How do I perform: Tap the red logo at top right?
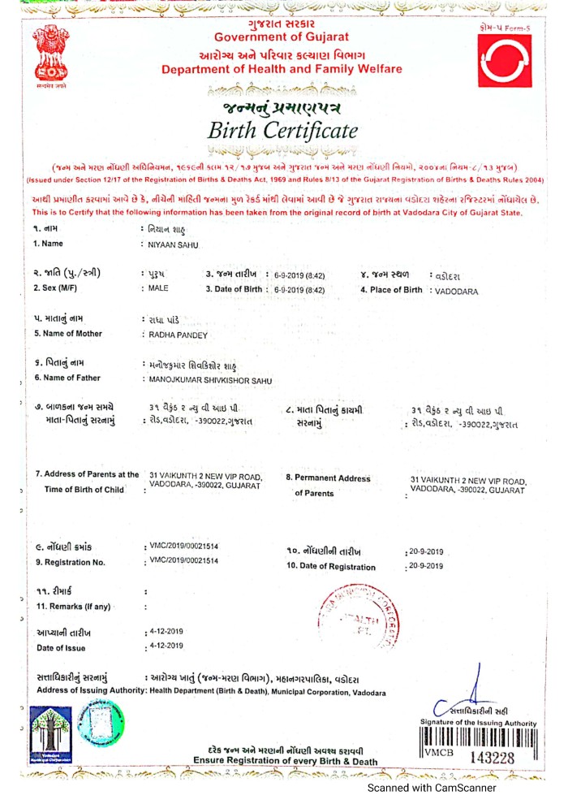point(505,60)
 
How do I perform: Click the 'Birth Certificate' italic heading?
point(282,130)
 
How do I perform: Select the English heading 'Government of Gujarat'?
point(281,37)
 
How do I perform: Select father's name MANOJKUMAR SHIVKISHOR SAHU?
point(208,379)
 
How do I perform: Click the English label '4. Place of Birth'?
point(391,290)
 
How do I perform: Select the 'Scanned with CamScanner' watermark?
point(432,788)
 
